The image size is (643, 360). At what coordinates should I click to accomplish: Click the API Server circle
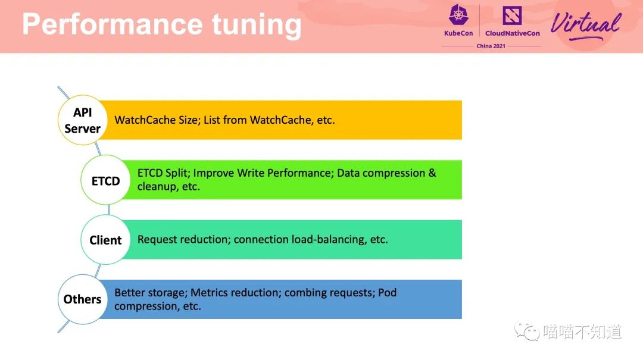click(x=82, y=120)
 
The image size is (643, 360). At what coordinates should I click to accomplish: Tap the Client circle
click(x=106, y=240)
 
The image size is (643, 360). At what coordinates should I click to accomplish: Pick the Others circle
click(x=82, y=299)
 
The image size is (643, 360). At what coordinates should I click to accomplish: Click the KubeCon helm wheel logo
click(x=458, y=15)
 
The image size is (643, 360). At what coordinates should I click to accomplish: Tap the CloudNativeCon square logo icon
click(x=512, y=15)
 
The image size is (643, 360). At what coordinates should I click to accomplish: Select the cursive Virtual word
click(x=586, y=26)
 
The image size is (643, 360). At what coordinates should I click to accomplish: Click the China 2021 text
click(x=491, y=46)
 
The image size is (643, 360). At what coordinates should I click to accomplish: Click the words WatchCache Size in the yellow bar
click(x=156, y=120)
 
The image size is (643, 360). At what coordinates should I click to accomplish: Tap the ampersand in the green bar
click(x=432, y=173)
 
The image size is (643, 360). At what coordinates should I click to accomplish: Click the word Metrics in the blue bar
click(x=209, y=293)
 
